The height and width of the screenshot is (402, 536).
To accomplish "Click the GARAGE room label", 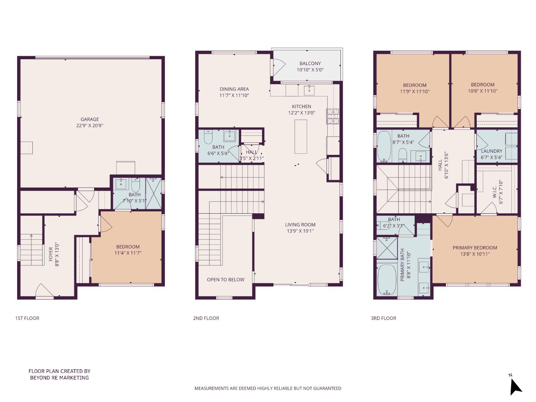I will point(90,119).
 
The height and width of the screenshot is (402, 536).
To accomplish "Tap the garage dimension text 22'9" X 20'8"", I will point(90,125).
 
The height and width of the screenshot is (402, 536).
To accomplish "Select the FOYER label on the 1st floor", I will point(51,254).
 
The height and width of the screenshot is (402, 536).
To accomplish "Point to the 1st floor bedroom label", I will point(128,246).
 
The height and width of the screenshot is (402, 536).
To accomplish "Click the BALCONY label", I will point(310,63).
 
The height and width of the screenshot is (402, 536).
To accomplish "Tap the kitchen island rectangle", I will point(300,137).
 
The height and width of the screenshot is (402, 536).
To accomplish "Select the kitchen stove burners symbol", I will point(333,116).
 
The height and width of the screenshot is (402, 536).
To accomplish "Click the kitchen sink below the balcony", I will point(309,90).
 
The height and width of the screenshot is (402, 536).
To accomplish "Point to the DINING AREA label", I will point(234,89).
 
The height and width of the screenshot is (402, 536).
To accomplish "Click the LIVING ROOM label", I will point(300,224).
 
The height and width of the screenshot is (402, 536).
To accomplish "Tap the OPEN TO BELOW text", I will point(226,280).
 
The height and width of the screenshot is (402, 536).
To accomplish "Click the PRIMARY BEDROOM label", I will point(475,248).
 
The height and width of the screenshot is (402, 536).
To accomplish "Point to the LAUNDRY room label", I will point(491,151).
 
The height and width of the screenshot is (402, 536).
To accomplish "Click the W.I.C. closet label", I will point(495,192).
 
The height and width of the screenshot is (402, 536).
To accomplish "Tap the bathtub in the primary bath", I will point(386,279).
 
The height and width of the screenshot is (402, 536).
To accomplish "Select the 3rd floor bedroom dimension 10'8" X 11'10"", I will point(482,91).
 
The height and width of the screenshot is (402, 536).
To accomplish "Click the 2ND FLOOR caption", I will point(206,318).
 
